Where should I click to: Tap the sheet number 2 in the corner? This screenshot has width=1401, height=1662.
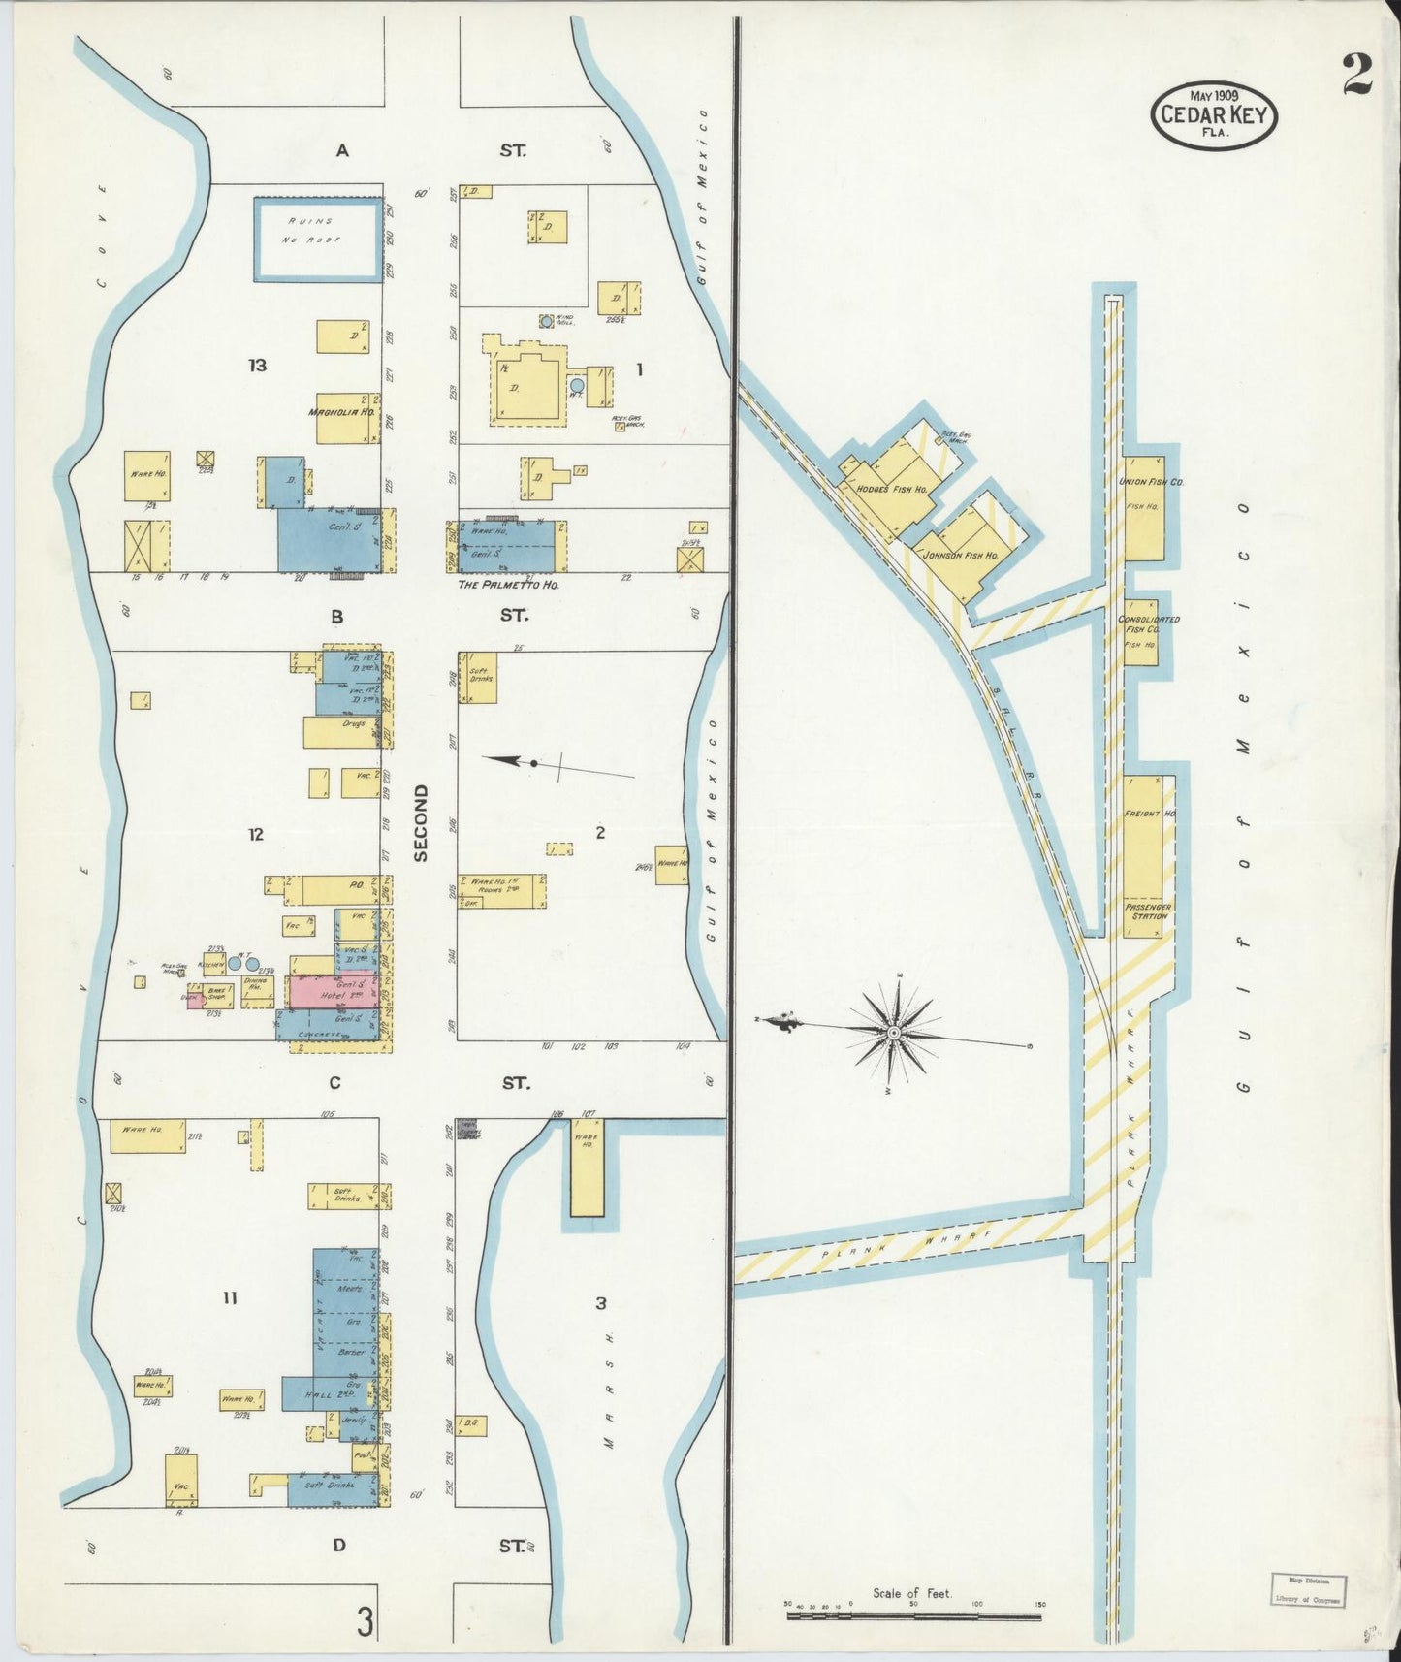1356,76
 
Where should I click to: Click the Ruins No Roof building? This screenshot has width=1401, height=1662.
318,240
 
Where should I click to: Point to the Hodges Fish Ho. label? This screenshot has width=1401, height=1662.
893,490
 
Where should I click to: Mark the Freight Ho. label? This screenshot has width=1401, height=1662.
1148,814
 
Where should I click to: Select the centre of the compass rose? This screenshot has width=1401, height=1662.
893,1035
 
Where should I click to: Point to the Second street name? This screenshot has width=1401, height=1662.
420,823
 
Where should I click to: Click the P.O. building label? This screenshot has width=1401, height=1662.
355,884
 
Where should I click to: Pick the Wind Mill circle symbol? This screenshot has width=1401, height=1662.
547,320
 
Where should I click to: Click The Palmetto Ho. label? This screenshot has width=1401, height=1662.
509,586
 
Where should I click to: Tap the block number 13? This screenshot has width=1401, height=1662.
257,366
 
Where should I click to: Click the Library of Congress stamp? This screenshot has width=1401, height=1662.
1307,1588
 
